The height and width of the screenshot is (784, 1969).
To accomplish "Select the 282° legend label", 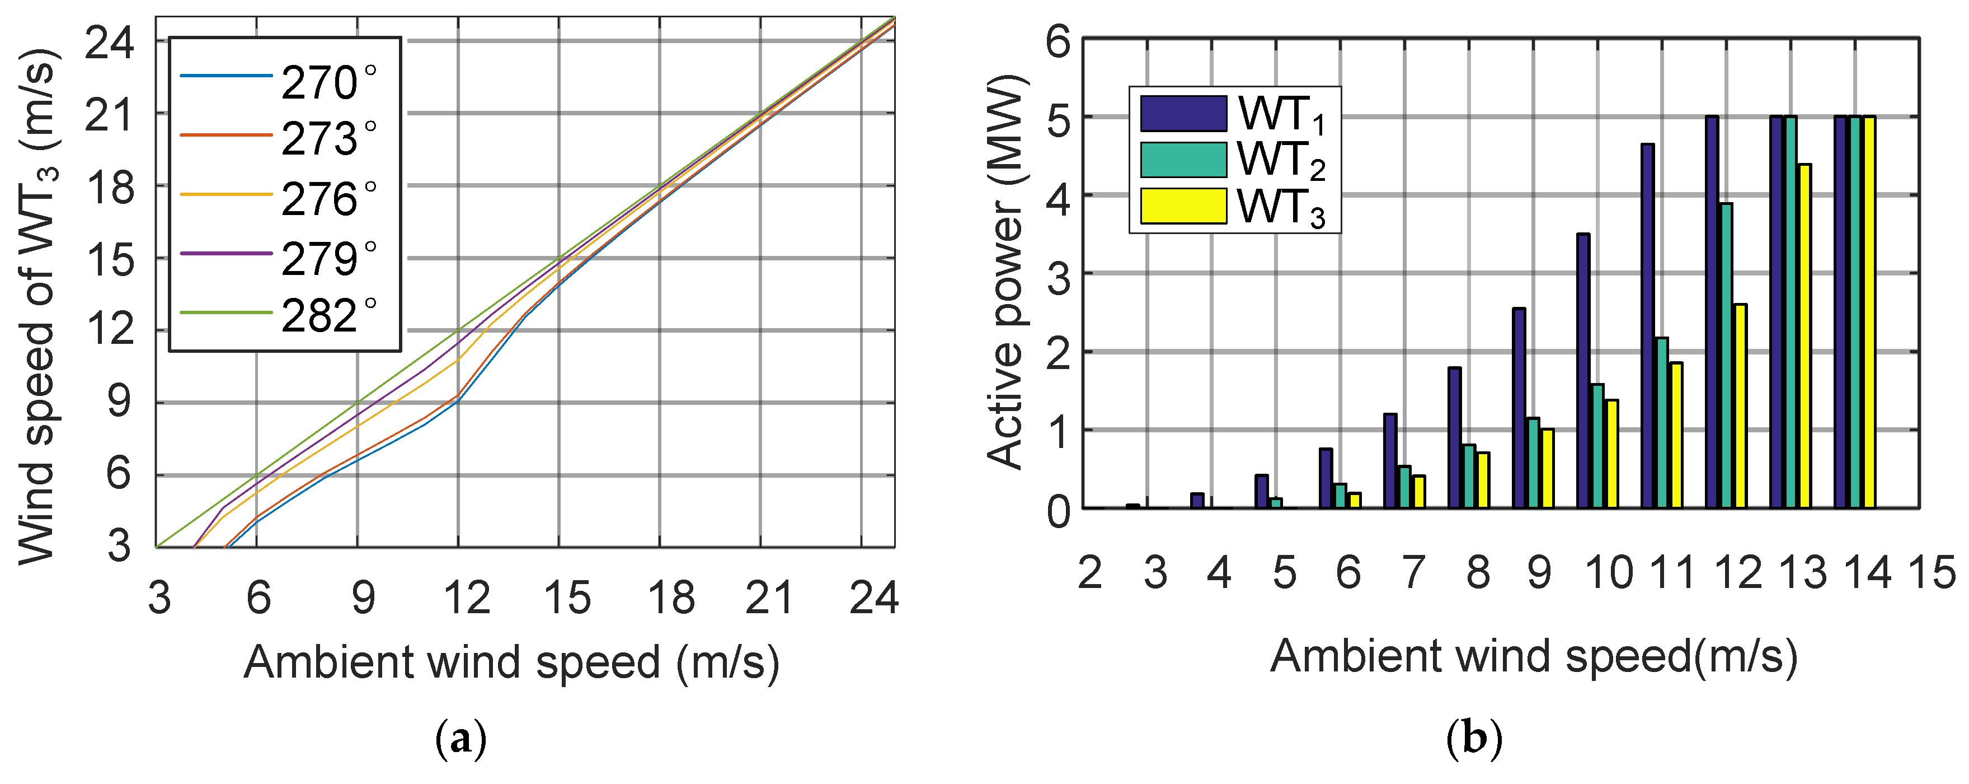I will (x=328, y=316).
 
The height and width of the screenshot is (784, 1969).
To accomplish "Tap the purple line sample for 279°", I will (x=226, y=253).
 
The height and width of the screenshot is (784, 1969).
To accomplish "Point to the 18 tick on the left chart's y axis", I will (x=109, y=186).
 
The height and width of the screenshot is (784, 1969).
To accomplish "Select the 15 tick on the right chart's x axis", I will (x=1932, y=572).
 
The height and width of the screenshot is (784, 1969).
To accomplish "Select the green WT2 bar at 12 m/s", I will (x=1726, y=356).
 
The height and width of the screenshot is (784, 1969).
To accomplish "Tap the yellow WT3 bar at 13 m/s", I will (x=1804, y=337).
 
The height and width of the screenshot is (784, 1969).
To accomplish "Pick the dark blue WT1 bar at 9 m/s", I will (x=1519, y=408).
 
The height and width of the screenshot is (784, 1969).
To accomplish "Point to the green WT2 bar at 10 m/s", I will (x=1597, y=446).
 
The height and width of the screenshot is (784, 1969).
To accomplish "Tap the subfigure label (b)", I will (x=1474, y=740).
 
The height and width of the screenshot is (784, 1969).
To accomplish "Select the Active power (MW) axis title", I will (x=1004, y=272).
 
